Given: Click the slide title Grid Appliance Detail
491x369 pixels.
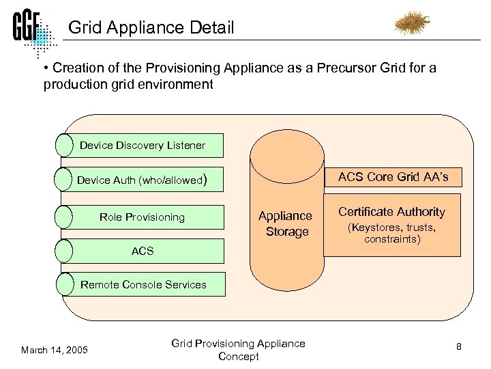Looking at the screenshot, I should pos(151,28).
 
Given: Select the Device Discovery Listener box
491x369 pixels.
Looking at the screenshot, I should pos(142,145).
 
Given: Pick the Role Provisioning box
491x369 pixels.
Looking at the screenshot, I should pos(142,217).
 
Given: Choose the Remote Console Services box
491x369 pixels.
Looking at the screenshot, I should pos(143,284).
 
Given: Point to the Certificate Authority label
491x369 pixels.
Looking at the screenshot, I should pos(391,212).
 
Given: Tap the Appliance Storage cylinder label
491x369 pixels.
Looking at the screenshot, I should pos(286,224).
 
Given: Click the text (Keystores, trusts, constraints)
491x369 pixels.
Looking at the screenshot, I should pos(391,233).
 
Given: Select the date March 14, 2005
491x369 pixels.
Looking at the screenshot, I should pos(55,350).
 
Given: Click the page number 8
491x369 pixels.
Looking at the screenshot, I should pos(459,346).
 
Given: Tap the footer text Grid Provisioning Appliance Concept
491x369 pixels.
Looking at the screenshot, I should pos(238,350).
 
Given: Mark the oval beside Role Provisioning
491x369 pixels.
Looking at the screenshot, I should pos(63,217).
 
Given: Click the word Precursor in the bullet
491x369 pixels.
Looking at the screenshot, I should pos(346,68).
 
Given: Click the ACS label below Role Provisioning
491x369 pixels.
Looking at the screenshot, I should pos(143,251).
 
